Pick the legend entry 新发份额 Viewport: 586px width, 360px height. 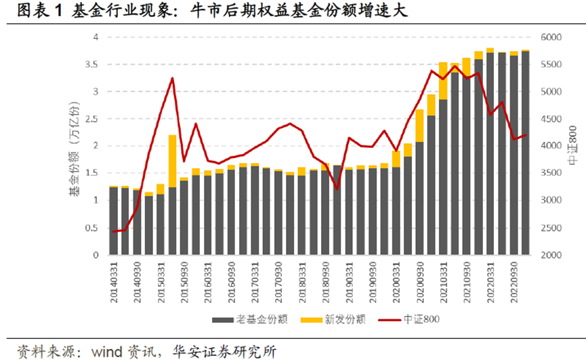tap(338, 318)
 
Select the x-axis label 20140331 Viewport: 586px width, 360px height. tap(114, 279)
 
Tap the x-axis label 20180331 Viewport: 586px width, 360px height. tap(302, 279)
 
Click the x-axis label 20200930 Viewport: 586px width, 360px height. tap(419, 279)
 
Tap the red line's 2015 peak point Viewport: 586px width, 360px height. tap(172, 78)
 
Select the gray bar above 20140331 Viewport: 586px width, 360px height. tap(114, 221)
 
